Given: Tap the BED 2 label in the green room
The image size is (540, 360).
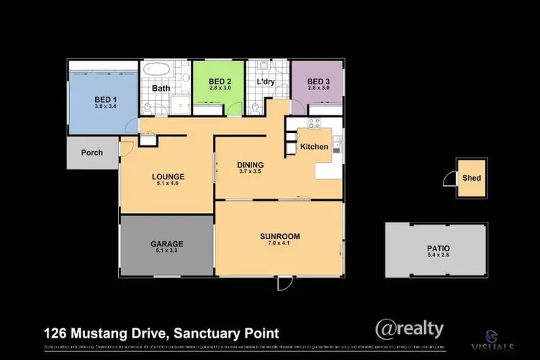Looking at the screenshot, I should [219, 81].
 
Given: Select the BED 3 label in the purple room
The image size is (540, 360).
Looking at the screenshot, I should [318, 81].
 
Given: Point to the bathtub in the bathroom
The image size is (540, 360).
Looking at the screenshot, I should [155, 71].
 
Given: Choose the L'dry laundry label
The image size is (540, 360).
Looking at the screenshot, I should [266, 81].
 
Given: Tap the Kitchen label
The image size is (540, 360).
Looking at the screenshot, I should [314, 147].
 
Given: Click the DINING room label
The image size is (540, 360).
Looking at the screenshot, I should [251, 164].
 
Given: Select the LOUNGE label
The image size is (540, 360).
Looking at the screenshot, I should [168, 176].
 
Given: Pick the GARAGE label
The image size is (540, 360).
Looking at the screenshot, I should [166, 243].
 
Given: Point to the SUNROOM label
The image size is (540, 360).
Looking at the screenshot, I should [280, 236].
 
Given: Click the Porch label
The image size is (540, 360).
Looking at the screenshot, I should [91, 153].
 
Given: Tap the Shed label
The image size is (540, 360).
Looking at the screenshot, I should [472, 178].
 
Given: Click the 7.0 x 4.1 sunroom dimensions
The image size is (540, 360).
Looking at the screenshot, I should [280, 245].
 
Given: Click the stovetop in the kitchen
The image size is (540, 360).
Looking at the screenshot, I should [315, 122].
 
